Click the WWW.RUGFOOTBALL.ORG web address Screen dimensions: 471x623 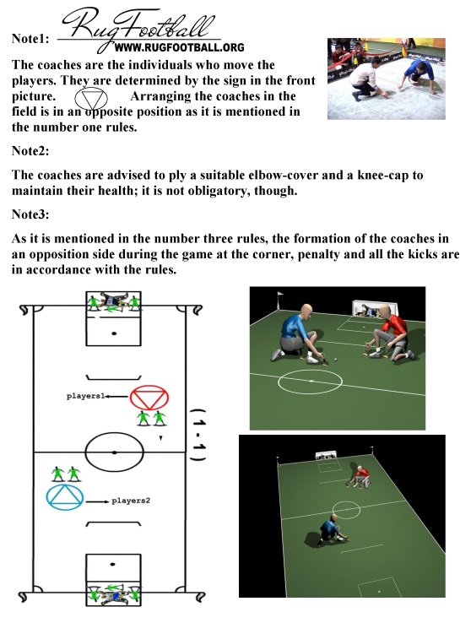[179, 47]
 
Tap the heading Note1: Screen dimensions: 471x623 [30, 39]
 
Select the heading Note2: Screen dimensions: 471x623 [30, 150]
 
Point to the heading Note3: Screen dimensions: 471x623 [30, 214]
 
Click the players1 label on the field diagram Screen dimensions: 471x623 [85, 396]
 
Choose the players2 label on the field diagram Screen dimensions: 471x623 [131, 501]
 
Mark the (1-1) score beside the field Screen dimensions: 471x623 [198, 434]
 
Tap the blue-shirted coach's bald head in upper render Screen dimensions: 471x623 [305, 311]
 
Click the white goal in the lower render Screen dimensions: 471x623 [326, 455]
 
